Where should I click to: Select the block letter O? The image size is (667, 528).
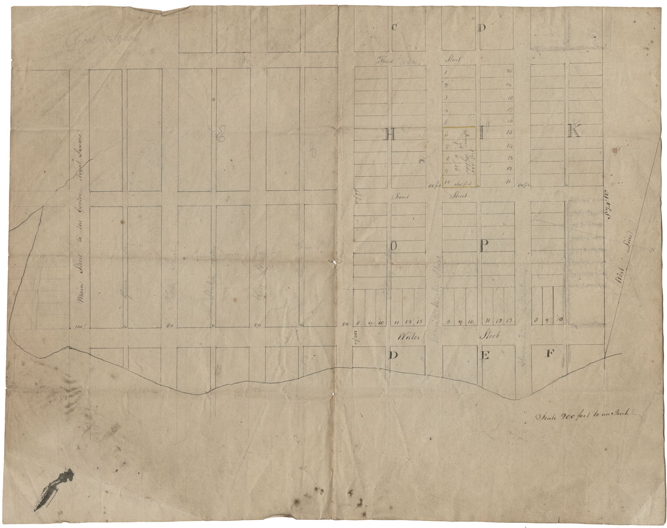pyautogui.click(x=394, y=246)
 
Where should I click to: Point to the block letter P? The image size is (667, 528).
pyautogui.click(x=484, y=246)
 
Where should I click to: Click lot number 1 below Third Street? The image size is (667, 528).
pyautogui.click(x=446, y=72)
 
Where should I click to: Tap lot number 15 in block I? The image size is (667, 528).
pyautogui.click(x=510, y=133)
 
